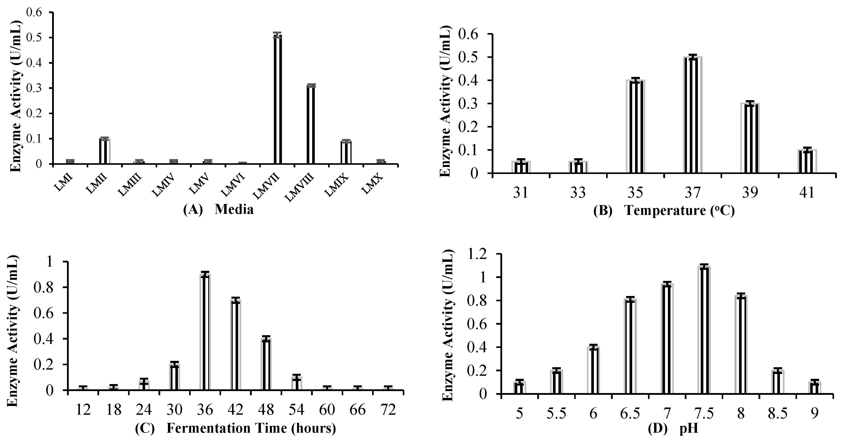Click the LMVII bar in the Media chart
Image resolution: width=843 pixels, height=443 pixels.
[278, 100]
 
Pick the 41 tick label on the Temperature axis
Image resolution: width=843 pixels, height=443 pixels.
[807, 193]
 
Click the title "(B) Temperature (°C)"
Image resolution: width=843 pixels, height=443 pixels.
[664, 211]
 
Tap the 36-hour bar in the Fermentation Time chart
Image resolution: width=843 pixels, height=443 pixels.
[205, 332]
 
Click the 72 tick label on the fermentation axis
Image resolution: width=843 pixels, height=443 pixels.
[389, 410]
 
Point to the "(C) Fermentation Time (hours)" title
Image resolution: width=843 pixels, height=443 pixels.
[235, 428]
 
